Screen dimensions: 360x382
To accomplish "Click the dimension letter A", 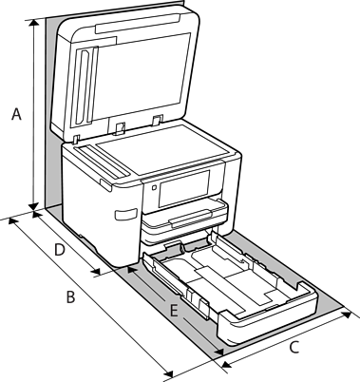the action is (16, 114).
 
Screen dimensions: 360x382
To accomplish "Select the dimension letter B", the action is (70, 297).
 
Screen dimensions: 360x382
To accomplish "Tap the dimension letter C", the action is (294, 347).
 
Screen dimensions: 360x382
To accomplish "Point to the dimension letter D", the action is (60, 250).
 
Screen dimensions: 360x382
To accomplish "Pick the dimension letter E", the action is (174, 310).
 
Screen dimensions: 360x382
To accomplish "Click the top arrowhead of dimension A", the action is (33, 23).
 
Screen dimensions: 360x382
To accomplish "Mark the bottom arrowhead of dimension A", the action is (33, 206).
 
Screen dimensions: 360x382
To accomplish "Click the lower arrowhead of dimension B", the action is (169, 373).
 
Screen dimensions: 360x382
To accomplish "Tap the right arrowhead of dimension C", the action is (346, 315).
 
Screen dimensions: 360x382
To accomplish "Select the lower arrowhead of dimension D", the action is (96, 271).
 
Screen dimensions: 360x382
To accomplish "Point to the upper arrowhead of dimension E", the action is (132, 270).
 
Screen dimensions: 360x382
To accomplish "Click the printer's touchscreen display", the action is (184, 188).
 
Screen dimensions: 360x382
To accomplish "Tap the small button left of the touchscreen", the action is (154, 187).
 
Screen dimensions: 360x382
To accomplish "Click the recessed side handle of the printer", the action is (126, 214).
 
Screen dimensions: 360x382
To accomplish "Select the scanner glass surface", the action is (162, 149).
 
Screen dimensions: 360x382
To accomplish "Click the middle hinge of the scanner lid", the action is (120, 128).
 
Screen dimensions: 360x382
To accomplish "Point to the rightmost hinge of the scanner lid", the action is (157, 120).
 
